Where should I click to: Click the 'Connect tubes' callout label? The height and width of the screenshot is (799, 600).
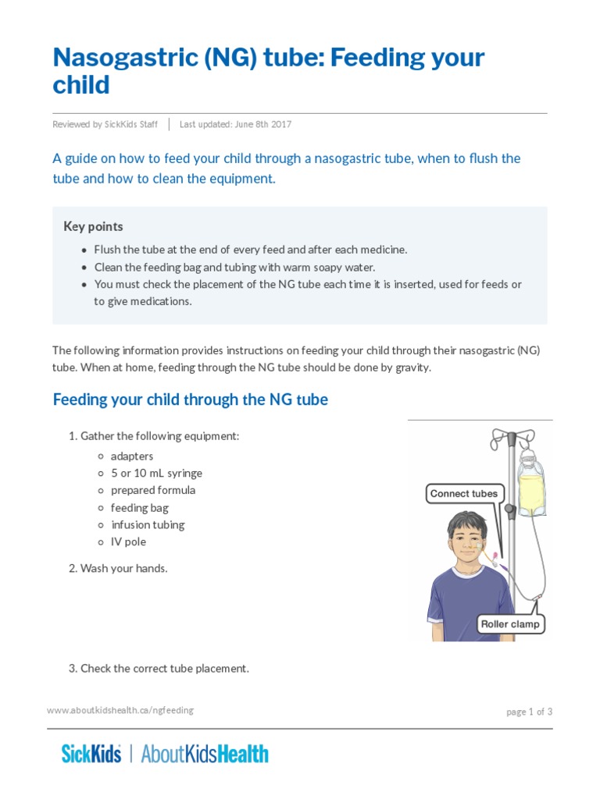tap(463, 493)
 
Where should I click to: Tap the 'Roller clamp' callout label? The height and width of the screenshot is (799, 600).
tap(510, 624)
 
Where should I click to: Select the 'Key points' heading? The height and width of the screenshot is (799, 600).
tap(93, 226)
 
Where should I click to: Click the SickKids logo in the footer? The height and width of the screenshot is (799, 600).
tap(91, 754)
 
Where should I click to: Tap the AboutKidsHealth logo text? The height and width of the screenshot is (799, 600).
tap(205, 754)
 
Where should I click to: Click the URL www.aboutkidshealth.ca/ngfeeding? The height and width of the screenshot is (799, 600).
tap(120, 710)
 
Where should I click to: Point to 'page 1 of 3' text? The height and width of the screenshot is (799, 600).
tap(529, 712)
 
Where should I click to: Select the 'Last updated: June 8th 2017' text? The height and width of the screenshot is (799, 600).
tap(235, 124)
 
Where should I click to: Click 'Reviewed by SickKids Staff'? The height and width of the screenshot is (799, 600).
tap(105, 124)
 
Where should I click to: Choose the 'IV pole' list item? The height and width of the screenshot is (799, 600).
tap(128, 542)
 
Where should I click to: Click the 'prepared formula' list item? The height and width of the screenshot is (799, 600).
tap(153, 490)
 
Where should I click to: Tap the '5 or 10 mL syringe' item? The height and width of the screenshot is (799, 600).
tap(156, 473)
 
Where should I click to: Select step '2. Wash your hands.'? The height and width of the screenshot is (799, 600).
tap(118, 568)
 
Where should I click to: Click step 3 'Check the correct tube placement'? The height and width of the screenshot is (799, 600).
tap(159, 668)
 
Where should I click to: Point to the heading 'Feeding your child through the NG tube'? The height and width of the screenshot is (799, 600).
tap(190, 399)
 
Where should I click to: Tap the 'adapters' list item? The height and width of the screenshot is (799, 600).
tap(132, 456)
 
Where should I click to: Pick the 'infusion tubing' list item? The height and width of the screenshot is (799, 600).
tap(148, 524)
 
